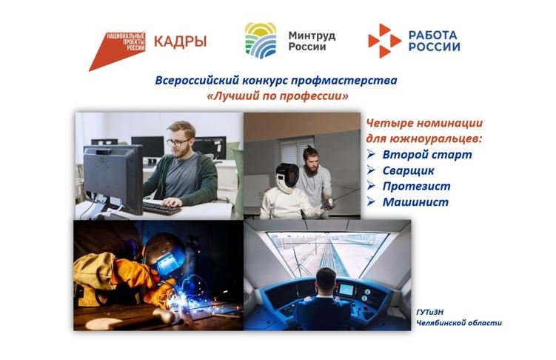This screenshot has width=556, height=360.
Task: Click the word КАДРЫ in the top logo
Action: click(180, 40)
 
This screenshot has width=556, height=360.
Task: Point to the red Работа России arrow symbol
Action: click(384, 41)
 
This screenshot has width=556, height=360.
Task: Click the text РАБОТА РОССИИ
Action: click(434, 40)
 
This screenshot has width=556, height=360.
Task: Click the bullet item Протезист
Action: click(416, 186)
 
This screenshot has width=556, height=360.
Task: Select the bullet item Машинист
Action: click(416, 201)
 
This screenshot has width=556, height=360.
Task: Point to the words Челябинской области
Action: click(458, 322)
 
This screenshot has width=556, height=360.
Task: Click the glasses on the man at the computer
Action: click(177, 142)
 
